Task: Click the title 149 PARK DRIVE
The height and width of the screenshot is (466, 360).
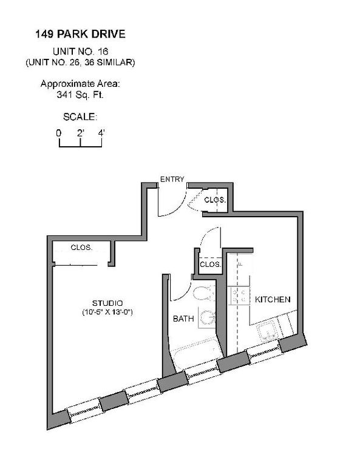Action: (x=80, y=34)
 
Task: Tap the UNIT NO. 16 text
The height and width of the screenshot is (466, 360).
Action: (x=80, y=52)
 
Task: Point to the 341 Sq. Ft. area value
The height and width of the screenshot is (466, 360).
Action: (x=80, y=95)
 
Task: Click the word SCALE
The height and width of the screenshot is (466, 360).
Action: (x=80, y=116)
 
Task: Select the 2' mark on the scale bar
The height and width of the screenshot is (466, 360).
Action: (x=81, y=133)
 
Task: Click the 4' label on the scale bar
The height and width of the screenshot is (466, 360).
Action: (x=101, y=133)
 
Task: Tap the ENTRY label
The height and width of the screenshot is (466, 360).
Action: (x=172, y=179)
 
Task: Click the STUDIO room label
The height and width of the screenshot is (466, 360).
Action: (x=107, y=303)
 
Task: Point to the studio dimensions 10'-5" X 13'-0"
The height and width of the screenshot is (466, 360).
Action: (x=107, y=312)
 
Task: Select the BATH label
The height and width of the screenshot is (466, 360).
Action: (x=183, y=319)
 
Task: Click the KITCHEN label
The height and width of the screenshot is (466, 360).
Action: (x=273, y=299)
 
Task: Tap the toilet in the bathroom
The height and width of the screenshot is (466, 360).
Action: (x=203, y=293)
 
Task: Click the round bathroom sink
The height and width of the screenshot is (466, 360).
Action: (x=207, y=318)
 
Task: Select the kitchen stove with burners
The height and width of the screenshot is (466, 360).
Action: (x=239, y=295)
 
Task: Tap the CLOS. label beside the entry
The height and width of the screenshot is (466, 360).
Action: (x=215, y=200)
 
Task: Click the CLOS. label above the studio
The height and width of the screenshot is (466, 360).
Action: (x=81, y=248)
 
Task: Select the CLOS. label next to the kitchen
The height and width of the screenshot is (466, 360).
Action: (x=210, y=264)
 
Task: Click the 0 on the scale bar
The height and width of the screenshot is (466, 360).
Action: (x=59, y=133)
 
